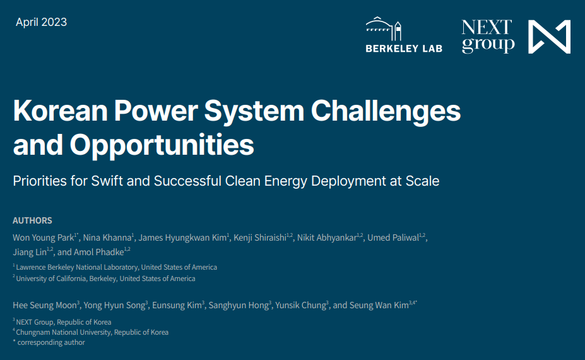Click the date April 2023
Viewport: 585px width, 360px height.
(41, 22)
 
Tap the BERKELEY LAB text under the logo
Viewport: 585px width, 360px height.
(404, 48)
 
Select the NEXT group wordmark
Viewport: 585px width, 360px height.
(487, 36)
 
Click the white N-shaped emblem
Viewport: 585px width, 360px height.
(549, 37)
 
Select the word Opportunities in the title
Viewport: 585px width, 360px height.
(162, 145)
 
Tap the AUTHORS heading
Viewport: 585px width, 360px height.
(32, 220)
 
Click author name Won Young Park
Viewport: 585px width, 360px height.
(43, 237)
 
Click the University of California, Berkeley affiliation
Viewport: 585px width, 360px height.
(105, 279)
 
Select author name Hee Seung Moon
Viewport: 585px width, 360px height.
(44, 305)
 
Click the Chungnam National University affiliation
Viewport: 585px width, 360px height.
(92, 332)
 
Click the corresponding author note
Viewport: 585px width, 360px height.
(49, 342)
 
